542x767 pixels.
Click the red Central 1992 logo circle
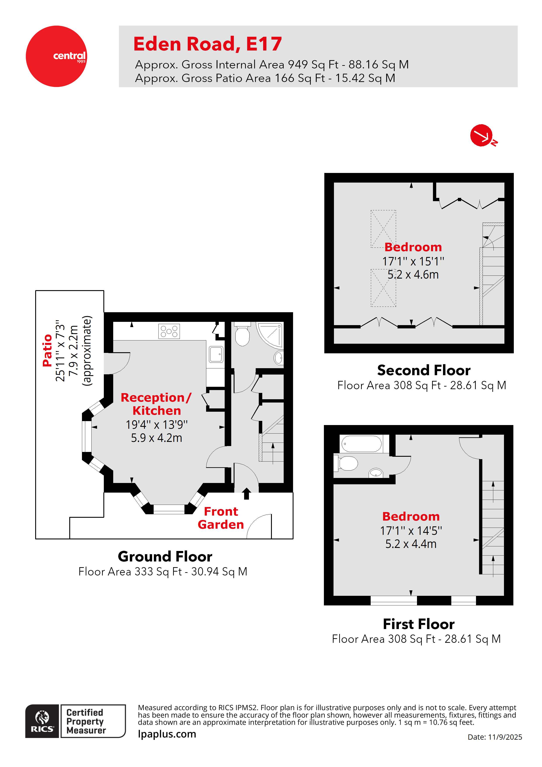click(56, 56)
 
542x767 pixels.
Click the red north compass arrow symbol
click(481, 135)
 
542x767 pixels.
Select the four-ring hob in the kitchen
click(169, 331)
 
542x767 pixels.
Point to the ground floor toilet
click(242, 335)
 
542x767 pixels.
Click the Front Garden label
click(221, 518)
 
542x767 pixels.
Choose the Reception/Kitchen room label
click(156, 404)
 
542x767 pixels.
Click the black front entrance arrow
click(247, 494)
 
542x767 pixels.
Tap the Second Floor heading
click(424, 370)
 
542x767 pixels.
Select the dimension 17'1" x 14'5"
click(411, 530)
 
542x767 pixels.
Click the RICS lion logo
click(42, 721)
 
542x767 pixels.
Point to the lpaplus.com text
click(167, 734)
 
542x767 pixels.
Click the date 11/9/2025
click(505, 737)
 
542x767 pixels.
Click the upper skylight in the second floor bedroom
click(383, 229)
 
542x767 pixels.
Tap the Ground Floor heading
click(165, 556)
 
